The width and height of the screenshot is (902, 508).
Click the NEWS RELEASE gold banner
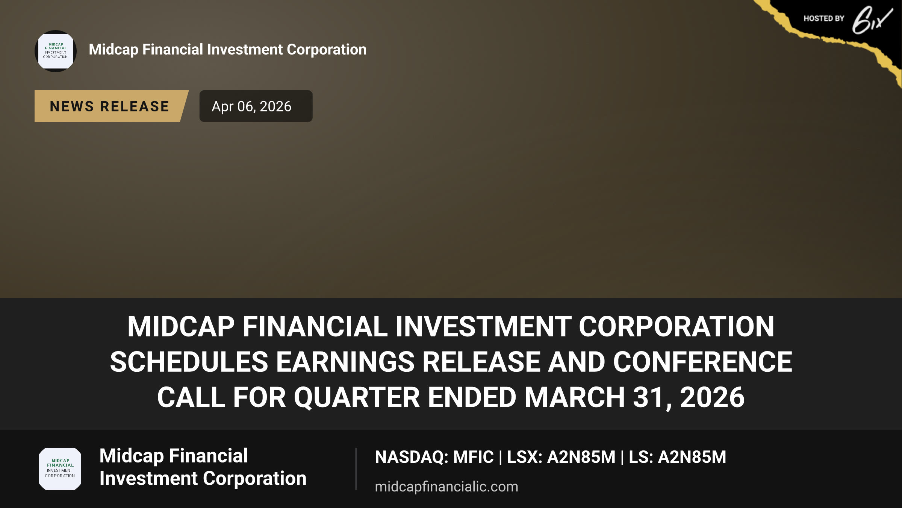(x=111, y=106)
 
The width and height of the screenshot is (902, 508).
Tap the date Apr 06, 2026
(x=251, y=106)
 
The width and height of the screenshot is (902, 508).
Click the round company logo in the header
(x=56, y=51)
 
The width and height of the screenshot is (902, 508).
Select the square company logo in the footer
(x=60, y=469)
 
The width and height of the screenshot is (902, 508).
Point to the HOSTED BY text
(x=824, y=18)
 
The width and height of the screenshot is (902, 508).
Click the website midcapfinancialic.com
(x=446, y=487)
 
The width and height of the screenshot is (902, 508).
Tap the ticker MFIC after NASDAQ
(x=473, y=457)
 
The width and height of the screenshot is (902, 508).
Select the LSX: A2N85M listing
(x=561, y=457)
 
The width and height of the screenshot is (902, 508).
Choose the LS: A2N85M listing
(x=678, y=457)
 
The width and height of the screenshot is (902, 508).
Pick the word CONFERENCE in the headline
(x=703, y=362)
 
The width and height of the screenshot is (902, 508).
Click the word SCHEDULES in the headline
(x=189, y=362)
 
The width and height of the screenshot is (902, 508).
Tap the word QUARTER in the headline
(x=357, y=397)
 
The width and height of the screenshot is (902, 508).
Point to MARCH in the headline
(x=575, y=397)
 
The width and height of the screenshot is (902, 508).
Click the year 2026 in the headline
(x=712, y=397)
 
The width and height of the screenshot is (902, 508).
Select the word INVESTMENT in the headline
(x=483, y=326)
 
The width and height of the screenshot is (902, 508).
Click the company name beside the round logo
(x=227, y=50)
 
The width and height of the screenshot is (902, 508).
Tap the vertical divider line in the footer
(x=356, y=469)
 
